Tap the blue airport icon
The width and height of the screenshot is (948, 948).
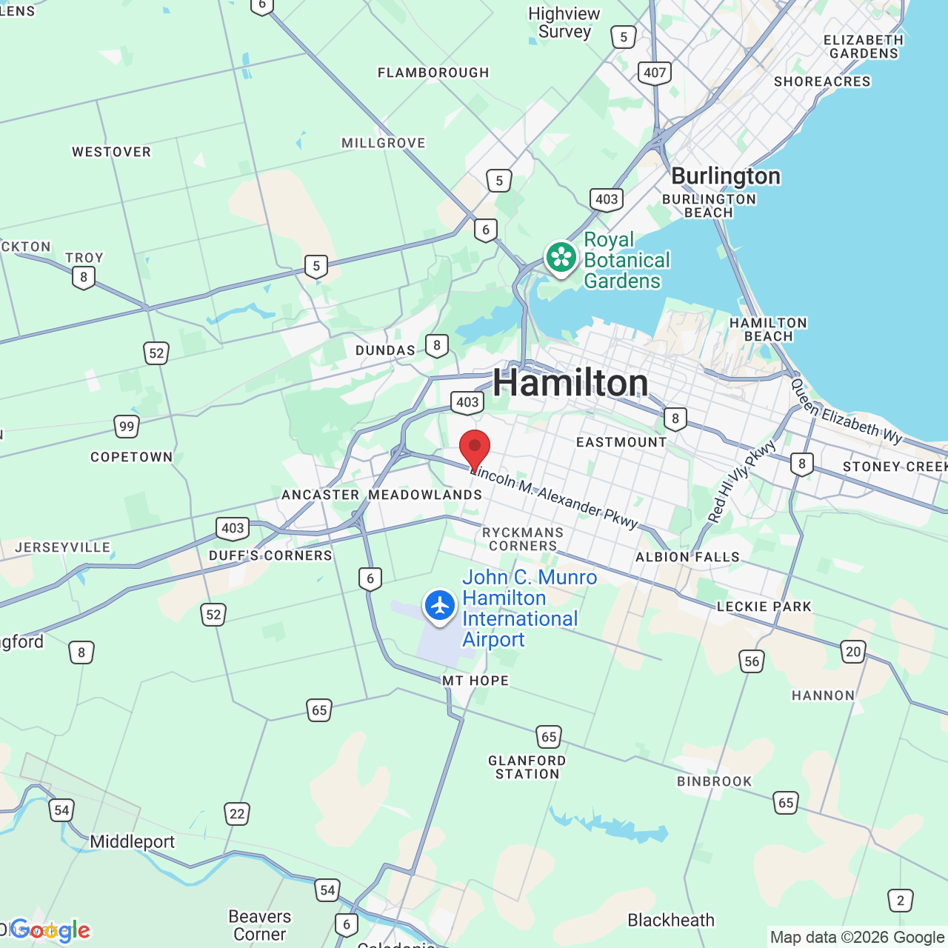pos(440,606)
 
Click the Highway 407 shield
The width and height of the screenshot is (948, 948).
pos(655,73)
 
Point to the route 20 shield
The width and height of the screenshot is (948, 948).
pos(853,652)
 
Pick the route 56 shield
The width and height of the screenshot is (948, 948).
pos(752,661)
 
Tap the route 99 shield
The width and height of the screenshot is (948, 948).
pos(127,427)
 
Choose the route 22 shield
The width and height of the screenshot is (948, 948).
pos(237,814)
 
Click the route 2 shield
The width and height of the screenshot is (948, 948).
pos(901,901)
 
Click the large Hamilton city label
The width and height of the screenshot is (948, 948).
pos(570,383)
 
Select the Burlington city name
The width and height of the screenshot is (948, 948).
pos(726,176)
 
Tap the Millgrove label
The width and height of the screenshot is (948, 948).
pos(384,143)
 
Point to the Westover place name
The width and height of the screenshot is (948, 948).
pos(111,152)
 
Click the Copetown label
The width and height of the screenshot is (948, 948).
pos(132,457)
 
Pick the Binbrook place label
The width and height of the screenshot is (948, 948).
pos(715,781)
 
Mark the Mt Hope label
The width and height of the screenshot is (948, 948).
pos(475,681)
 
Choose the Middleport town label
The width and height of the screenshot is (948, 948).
pos(133,842)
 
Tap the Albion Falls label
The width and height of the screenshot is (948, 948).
pos(687,557)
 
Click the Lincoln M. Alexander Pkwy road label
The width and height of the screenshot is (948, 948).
pos(554,496)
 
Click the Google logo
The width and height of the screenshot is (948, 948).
pos(50,930)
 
